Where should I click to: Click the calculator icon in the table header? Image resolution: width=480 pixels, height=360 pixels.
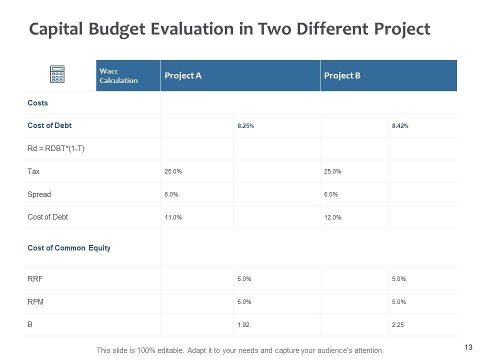(x=57, y=74)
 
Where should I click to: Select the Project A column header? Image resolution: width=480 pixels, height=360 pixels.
(x=183, y=75)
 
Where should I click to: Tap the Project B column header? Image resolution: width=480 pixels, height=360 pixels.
(x=342, y=75)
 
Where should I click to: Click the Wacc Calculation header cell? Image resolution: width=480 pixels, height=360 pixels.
(x=118, y=75)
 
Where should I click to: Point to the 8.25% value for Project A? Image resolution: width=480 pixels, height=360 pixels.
(x=245, y=126)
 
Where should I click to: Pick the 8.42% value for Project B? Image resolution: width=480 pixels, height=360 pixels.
(x=400, y=126)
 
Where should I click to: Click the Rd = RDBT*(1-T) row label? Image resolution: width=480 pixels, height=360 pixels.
(x=56, y=148)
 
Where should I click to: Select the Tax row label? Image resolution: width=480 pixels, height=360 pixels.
(x=33, y=171)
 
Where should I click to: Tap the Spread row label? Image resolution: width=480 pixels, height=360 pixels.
(x=39, y=194)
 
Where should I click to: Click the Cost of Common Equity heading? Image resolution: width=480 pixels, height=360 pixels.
(x=69, y=248)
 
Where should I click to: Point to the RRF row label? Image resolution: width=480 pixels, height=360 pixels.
(x=35, y=279)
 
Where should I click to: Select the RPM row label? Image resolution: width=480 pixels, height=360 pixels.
(x=35, y=302)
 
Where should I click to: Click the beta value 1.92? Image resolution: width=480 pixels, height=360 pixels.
(x=243, y=325)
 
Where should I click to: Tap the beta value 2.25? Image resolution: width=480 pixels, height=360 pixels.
(x=398, y=325)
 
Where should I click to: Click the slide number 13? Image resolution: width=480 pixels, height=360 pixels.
(x=468, y=347)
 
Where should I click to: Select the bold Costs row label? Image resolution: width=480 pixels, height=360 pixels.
(x=37, y=103)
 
